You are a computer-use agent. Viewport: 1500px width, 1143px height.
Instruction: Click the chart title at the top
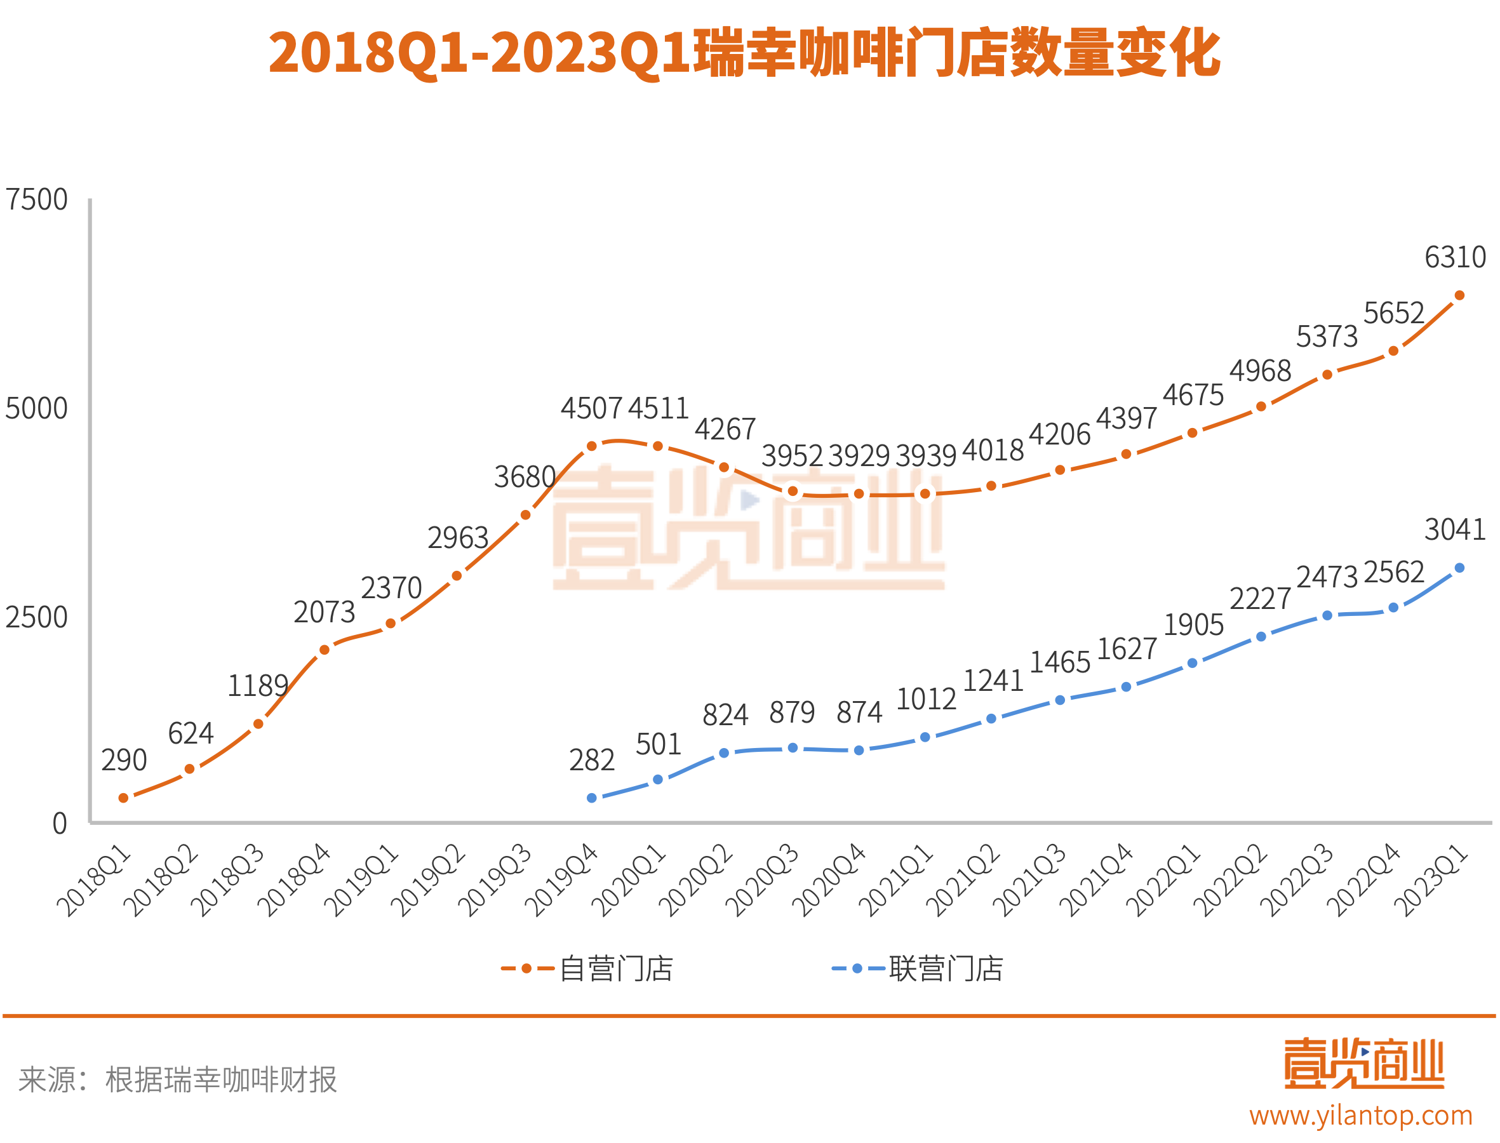coord(744,53)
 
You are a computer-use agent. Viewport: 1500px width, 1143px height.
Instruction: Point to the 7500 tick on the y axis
coord(37,200)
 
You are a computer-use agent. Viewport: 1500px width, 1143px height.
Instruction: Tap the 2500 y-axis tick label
coord(37,618)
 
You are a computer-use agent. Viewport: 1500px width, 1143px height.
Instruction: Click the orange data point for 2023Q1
coord(1459,295)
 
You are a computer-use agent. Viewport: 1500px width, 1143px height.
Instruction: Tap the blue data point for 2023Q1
coord(1459,568)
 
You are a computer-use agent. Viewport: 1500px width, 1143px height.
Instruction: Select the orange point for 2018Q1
coord(123,798)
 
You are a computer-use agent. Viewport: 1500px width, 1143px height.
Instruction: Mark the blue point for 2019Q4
coord(592,798)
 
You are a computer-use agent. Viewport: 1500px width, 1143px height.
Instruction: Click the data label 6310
coord(1455,258)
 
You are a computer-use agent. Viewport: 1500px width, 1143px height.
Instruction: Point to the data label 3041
coord(1455,530)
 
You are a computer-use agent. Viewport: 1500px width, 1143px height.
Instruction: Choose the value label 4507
coord(591,409)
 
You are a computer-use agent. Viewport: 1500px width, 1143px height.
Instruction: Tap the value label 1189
coord(258,686)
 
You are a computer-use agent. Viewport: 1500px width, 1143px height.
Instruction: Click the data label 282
coord(592,761)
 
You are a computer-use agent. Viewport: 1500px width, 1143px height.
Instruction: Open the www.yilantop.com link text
coord(1360,1116)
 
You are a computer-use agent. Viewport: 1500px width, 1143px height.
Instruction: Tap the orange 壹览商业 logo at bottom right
coord(1363,1064)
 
